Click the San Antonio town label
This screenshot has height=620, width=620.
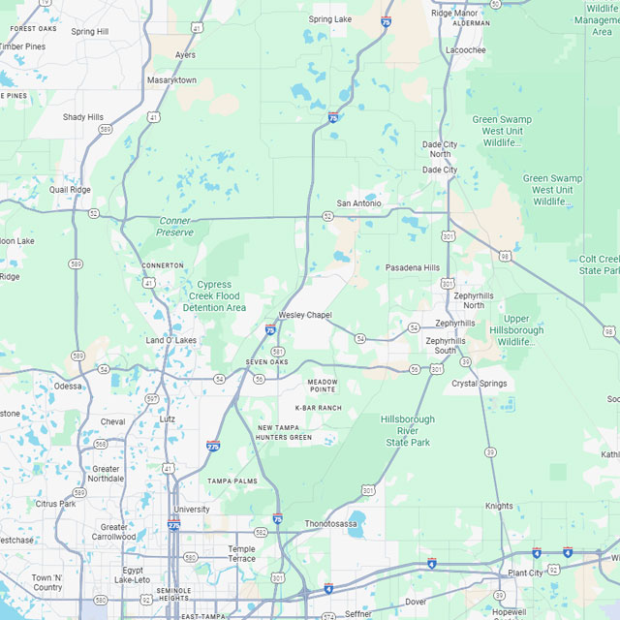(x=358, y=203)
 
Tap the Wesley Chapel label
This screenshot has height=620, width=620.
(x=305, y=315)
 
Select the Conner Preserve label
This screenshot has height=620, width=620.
(x=175, y=227)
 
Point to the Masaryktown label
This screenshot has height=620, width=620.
(x=171, y=79)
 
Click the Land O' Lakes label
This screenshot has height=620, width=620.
(x=170, y=340)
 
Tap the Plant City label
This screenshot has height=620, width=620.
(x=525, y=573)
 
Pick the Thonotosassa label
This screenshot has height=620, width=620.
(x=331, y=523)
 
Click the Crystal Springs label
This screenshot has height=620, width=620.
(x=480, y=384)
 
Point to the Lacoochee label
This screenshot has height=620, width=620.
(x=465, y=49)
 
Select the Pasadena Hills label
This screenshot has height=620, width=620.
(x=412, y=267)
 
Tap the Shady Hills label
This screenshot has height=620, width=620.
(x=82, y=117)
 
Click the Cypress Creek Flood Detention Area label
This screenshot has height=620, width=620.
(x=214, y=296)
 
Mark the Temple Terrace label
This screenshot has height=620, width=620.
(x=241, y=554)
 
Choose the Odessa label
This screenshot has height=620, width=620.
(x=68, y=386)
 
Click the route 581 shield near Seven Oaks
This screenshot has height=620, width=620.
(x=278, y=351)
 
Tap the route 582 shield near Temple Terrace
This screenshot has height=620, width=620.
(x=261, y=532)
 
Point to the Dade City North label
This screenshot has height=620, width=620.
(x=440, y=148)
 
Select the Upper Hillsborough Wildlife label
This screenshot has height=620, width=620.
(x=516, y=330)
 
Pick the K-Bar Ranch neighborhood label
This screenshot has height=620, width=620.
(x=319, y=408)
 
